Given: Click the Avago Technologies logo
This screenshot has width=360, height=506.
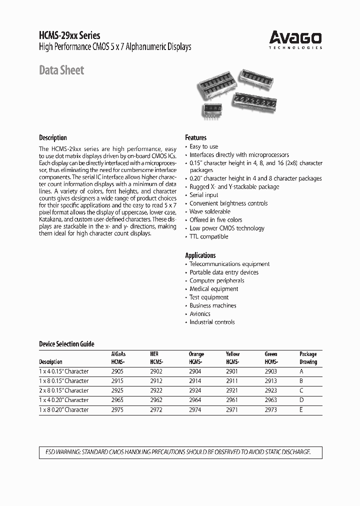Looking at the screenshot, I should [295, 38].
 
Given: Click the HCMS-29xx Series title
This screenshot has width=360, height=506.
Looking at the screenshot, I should [69, 35].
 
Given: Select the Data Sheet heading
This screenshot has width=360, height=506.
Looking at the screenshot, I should [61, 70].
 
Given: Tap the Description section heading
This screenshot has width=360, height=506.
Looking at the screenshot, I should [52, 137].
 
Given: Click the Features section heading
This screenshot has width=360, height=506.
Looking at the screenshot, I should [195, 137].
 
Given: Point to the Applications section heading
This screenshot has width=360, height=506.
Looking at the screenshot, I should [200, 255].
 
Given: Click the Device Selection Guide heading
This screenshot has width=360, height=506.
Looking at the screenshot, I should [66, 344].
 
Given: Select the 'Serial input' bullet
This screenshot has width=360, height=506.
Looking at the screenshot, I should [203, 195].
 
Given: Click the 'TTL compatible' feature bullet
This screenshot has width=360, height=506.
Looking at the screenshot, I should [208, 236].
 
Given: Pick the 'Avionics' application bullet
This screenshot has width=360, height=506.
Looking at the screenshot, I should [199, 314].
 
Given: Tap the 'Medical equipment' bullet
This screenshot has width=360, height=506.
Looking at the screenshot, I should [213, 289].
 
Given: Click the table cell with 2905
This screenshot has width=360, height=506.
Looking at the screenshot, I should [116, 371].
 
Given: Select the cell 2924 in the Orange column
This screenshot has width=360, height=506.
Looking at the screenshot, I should [196, 390].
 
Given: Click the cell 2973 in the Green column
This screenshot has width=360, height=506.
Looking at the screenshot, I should [270, 409].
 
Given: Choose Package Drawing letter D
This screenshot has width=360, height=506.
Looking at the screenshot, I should [301, 400].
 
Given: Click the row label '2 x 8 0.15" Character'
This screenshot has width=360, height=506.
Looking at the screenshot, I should [63, 390].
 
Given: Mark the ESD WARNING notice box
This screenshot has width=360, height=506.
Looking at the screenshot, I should [180, 452].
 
